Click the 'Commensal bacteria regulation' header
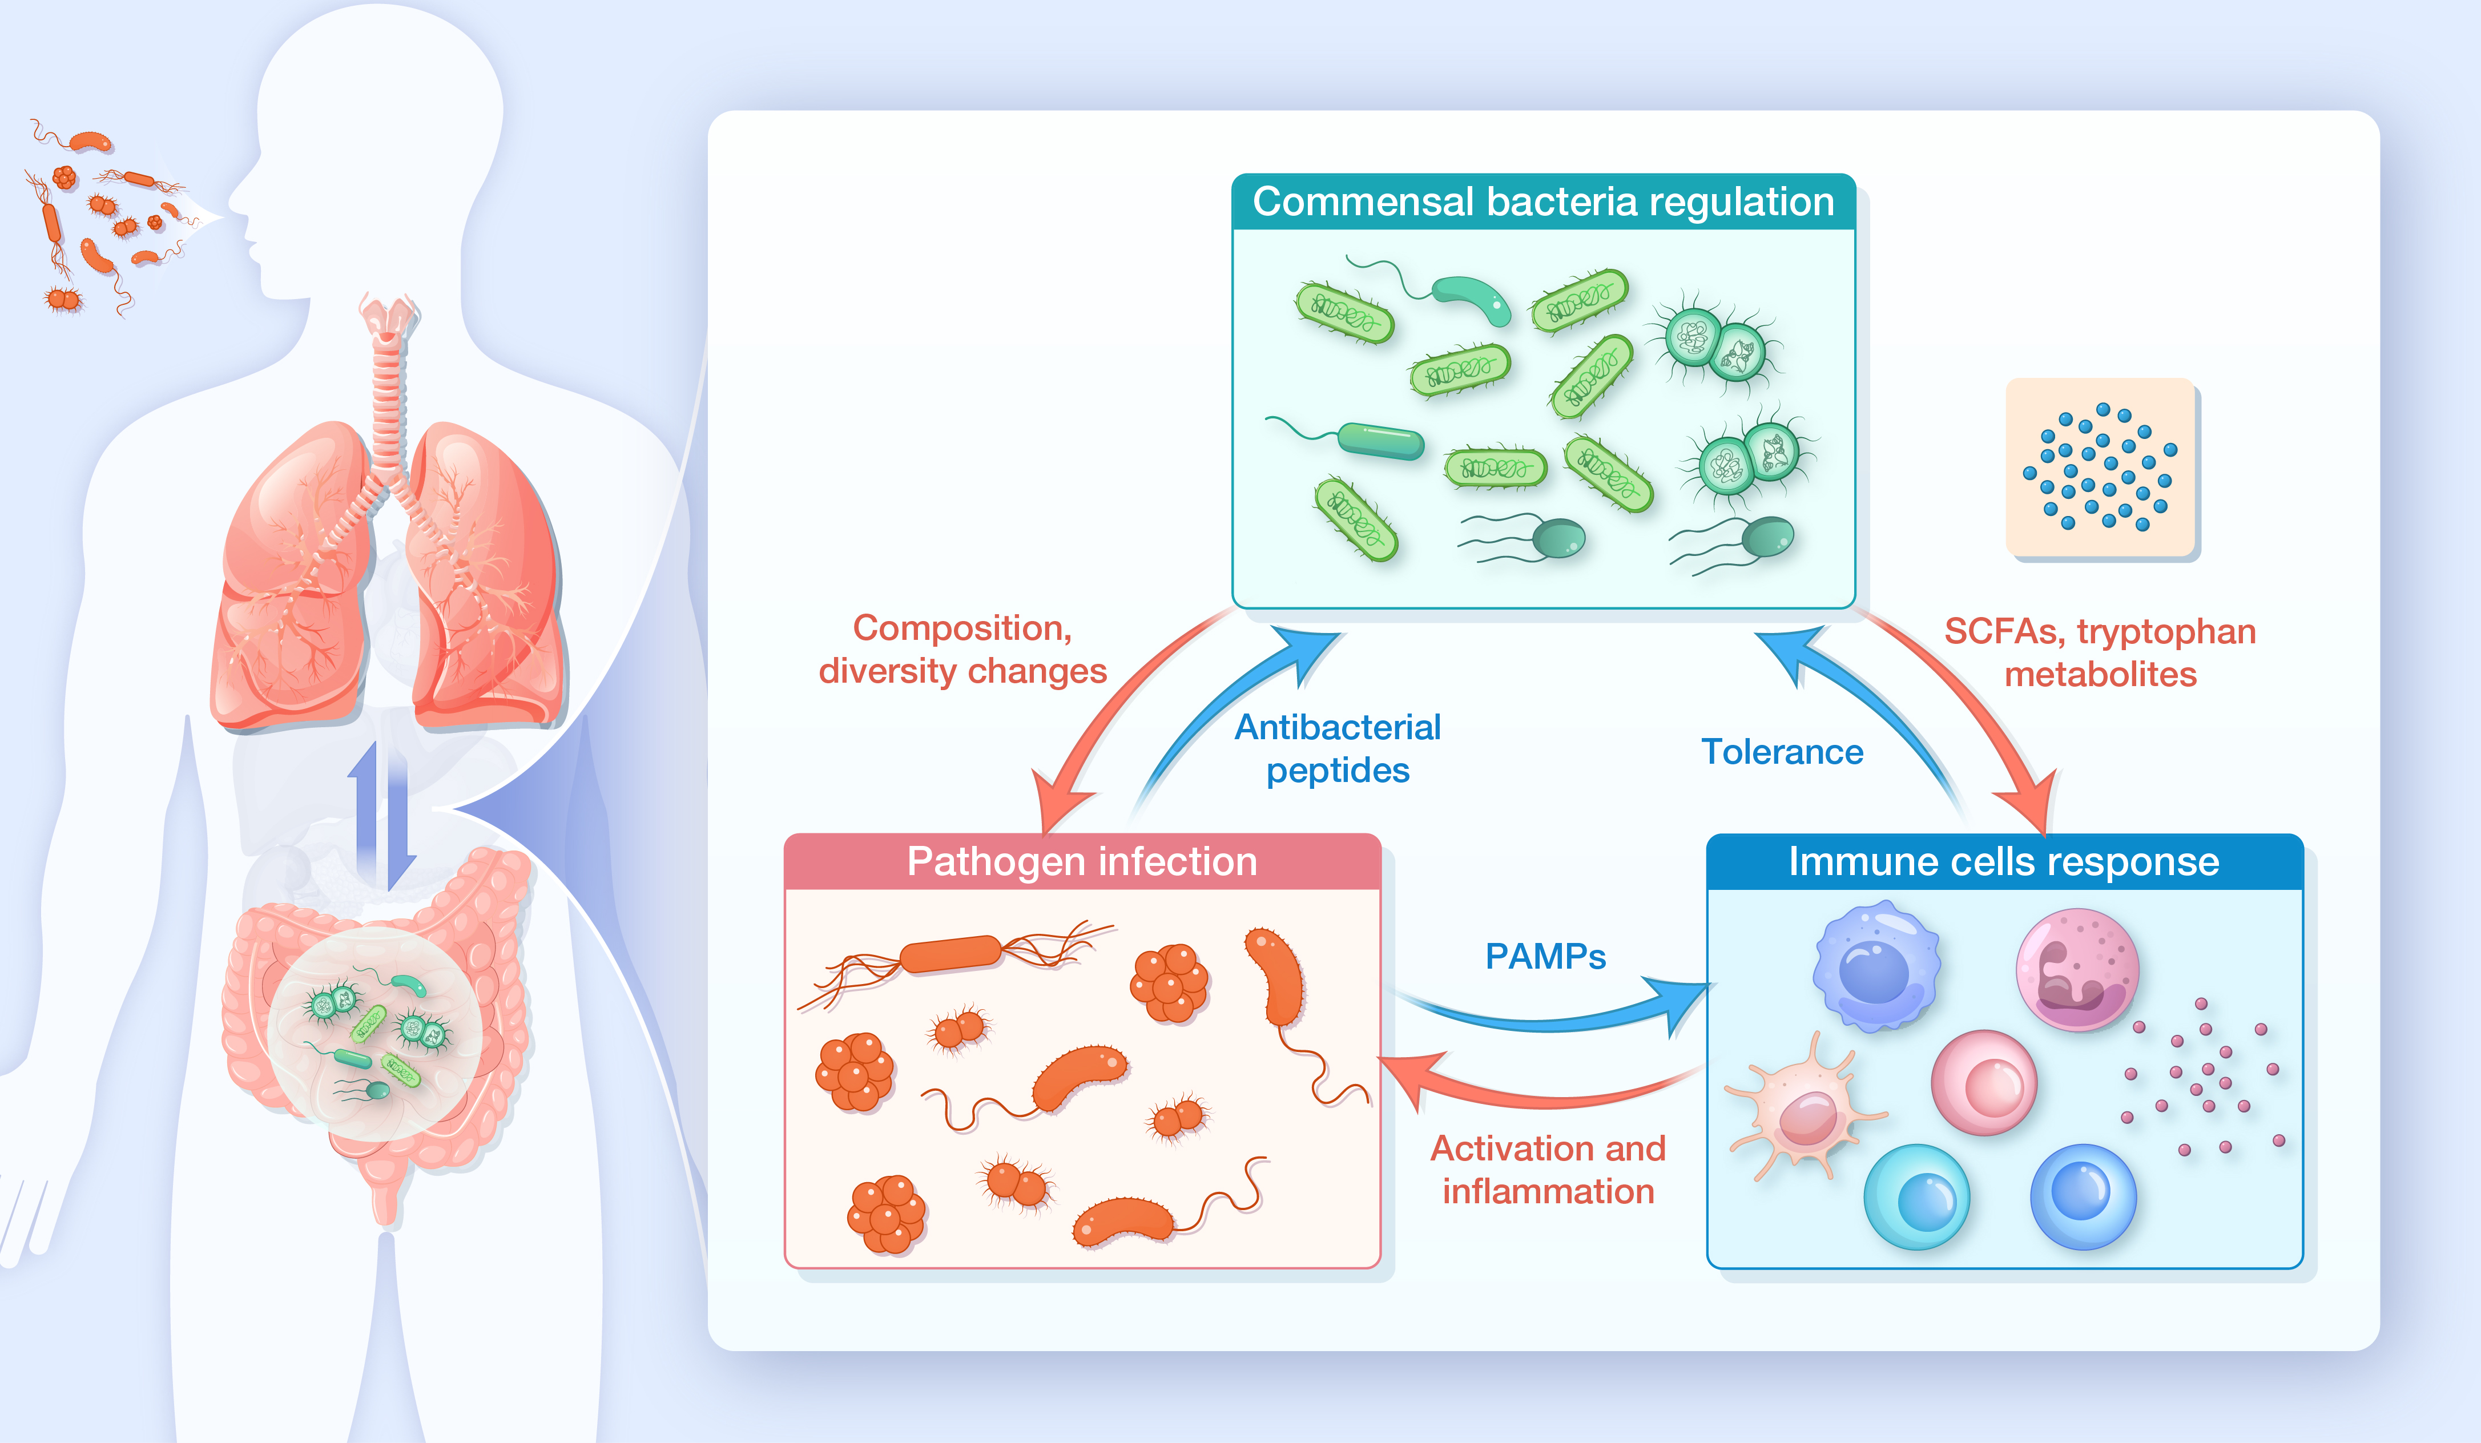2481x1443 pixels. pos(1542,202)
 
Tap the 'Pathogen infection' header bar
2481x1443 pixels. pos(1082,861)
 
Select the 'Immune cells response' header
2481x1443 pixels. pos(2004,861)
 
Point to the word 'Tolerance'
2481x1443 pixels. pos(1782,752)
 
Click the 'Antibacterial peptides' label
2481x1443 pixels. pos(1337,748)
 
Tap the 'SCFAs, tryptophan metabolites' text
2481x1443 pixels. pos(2100,652)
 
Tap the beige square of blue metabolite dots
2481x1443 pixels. pos(2100,467)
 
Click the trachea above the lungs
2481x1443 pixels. pos(388,394)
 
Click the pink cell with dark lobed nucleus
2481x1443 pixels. pos(2077,970)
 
